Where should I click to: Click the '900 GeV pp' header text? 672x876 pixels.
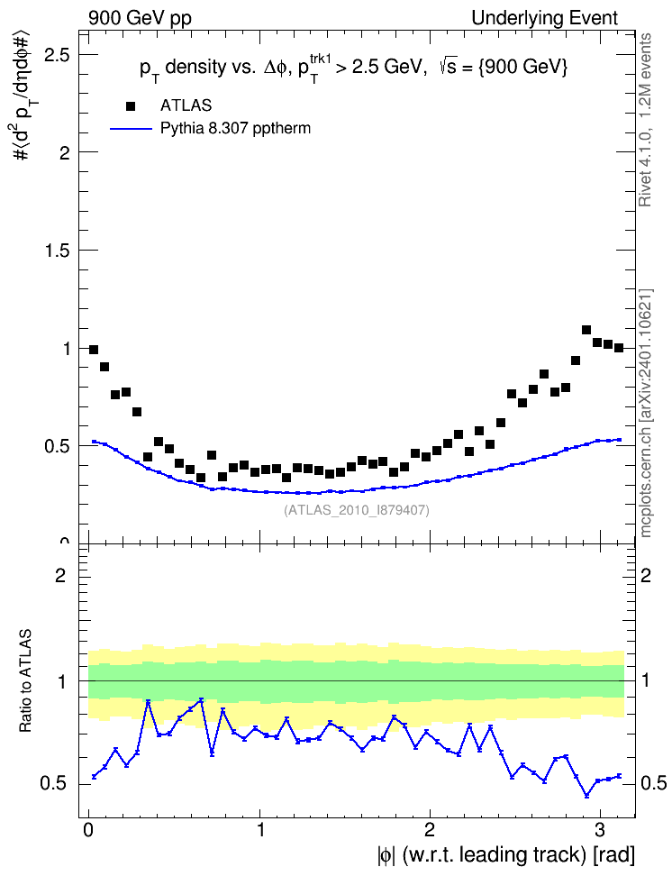(x=140, y=18)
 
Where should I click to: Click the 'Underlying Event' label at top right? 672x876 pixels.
(x=545, y=18)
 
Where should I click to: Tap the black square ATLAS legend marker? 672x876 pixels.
(x=131, y=106)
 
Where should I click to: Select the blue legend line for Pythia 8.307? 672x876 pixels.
(x=131, y=129)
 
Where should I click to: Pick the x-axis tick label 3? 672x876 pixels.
(x=600, y=830)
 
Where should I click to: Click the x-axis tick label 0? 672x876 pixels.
(x=88, y=830)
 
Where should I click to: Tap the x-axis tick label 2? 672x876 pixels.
(x=429, y=830)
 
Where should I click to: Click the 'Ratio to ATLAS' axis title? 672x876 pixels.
(x=25, y=681)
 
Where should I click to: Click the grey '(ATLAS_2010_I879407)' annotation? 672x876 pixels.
(x=357, y=510)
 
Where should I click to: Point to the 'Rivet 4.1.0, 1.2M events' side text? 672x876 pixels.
(x=645, y=120)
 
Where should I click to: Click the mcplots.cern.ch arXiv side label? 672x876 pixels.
(x=645, y=413)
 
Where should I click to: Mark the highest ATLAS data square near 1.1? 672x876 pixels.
(x=586, y=330)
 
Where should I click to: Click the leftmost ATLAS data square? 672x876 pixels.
(x=94, y=350)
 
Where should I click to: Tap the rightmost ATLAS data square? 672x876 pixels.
(x=618, y=348)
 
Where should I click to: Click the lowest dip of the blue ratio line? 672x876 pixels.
(x=586, y=796)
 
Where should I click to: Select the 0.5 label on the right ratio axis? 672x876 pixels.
(x=652, y=783)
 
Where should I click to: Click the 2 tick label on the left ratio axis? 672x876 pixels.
(x=60, y=575)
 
